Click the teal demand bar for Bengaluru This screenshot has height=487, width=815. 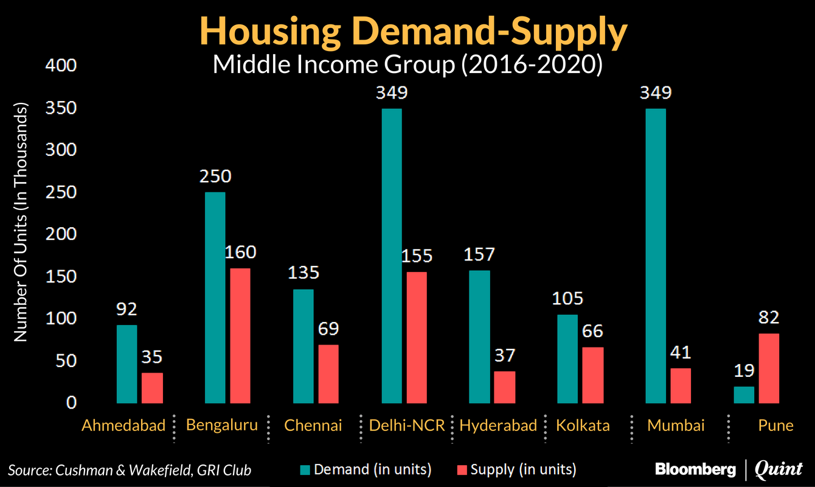pos(215,298)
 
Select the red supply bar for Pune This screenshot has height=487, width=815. pos(768,368)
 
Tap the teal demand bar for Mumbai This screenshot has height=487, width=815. pos(656,256)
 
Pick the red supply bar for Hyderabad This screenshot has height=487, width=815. pos(504,387)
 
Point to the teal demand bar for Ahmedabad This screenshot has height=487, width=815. pos(127,364)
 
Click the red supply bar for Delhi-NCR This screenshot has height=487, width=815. pos(417,337)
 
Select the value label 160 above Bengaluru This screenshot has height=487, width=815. pos(240,252)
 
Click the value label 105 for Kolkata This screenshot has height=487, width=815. pos(568,298)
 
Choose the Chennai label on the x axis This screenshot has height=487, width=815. pos(313,425)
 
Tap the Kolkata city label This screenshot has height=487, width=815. pos(583,425)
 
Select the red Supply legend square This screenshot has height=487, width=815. pos(462,469)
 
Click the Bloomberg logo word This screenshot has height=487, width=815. pos(695,469)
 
